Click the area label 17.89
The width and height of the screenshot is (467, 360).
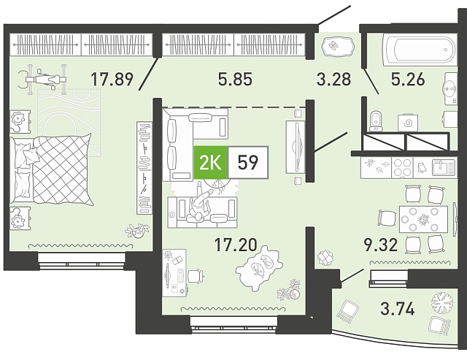point(112,79)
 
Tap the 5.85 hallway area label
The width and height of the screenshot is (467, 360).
point(235,79)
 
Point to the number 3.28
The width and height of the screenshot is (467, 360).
point(334,79)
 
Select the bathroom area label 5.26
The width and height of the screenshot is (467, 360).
point(408,79)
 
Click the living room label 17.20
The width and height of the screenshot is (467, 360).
point(236,245)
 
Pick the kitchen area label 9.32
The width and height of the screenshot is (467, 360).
point(381,245)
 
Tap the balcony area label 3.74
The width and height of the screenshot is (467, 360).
point(398,308)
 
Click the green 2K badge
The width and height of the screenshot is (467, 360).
point(211,163)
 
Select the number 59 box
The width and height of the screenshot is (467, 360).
point(248,163)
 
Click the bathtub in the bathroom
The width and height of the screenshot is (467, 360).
point(420,50)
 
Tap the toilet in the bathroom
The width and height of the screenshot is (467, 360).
point(376,121)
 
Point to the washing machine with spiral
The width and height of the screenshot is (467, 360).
point(409,123)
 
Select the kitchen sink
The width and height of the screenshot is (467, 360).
point(444,167)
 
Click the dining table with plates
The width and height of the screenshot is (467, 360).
point(423,219)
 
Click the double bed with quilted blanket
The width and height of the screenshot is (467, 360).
point(50,170)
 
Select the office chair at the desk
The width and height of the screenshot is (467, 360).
point(196,275)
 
